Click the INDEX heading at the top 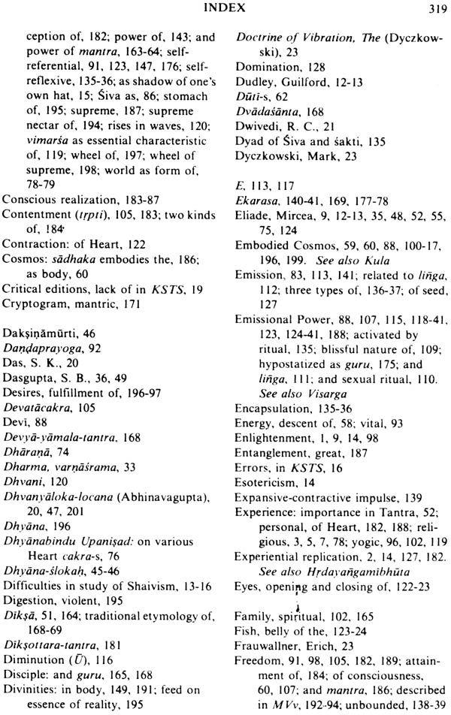coord(225,8)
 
